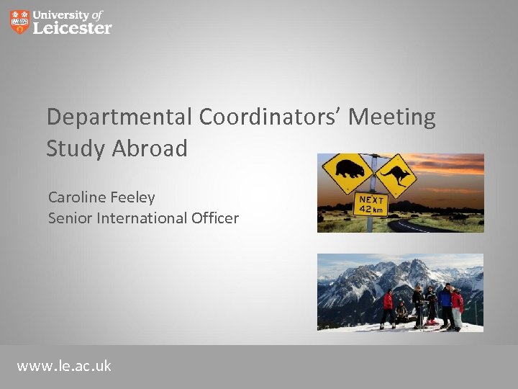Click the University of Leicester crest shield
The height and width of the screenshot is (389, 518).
20,22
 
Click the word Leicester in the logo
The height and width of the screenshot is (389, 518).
73,28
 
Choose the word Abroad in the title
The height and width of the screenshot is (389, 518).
150,148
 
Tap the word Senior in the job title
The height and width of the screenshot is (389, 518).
71,218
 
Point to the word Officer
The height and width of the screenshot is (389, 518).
217,218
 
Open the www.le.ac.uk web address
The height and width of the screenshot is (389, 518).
64,366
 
